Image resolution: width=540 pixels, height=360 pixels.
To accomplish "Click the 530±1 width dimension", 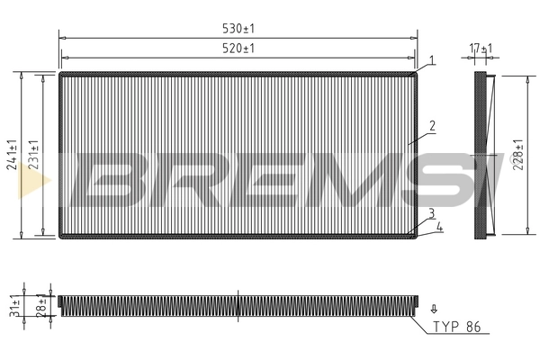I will click(x=238, y=29).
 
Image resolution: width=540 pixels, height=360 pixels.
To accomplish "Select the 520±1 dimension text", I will click(x=238, y=48).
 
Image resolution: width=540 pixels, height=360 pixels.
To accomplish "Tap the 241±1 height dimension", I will click(x=12, y=155).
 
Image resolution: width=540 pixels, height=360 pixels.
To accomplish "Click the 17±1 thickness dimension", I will click(x=481, y=49).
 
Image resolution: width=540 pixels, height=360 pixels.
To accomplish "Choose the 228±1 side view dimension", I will click(x=518, y=155).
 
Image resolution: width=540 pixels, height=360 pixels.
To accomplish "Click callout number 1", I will click(x=432, y=60).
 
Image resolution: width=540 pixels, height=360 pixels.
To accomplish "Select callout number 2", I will click(x=432, y=127).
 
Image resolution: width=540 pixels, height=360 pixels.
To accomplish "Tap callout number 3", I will click(x=432, y=213).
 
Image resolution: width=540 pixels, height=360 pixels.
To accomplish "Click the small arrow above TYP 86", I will click(x=434, y=309).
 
